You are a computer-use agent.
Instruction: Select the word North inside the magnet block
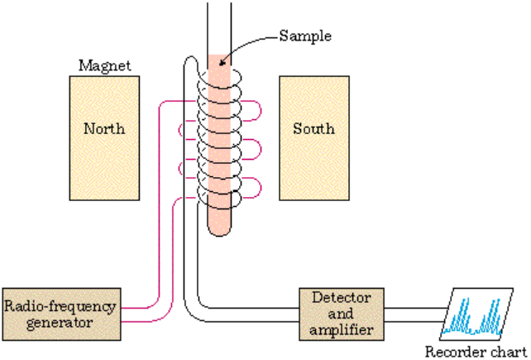104,128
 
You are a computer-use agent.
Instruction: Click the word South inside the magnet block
313,128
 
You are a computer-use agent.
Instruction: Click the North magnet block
104,137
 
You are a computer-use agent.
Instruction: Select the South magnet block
313,137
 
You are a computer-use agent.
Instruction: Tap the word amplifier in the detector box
342,329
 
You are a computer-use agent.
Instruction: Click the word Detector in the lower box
342,296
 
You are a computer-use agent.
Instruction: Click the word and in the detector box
342,313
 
